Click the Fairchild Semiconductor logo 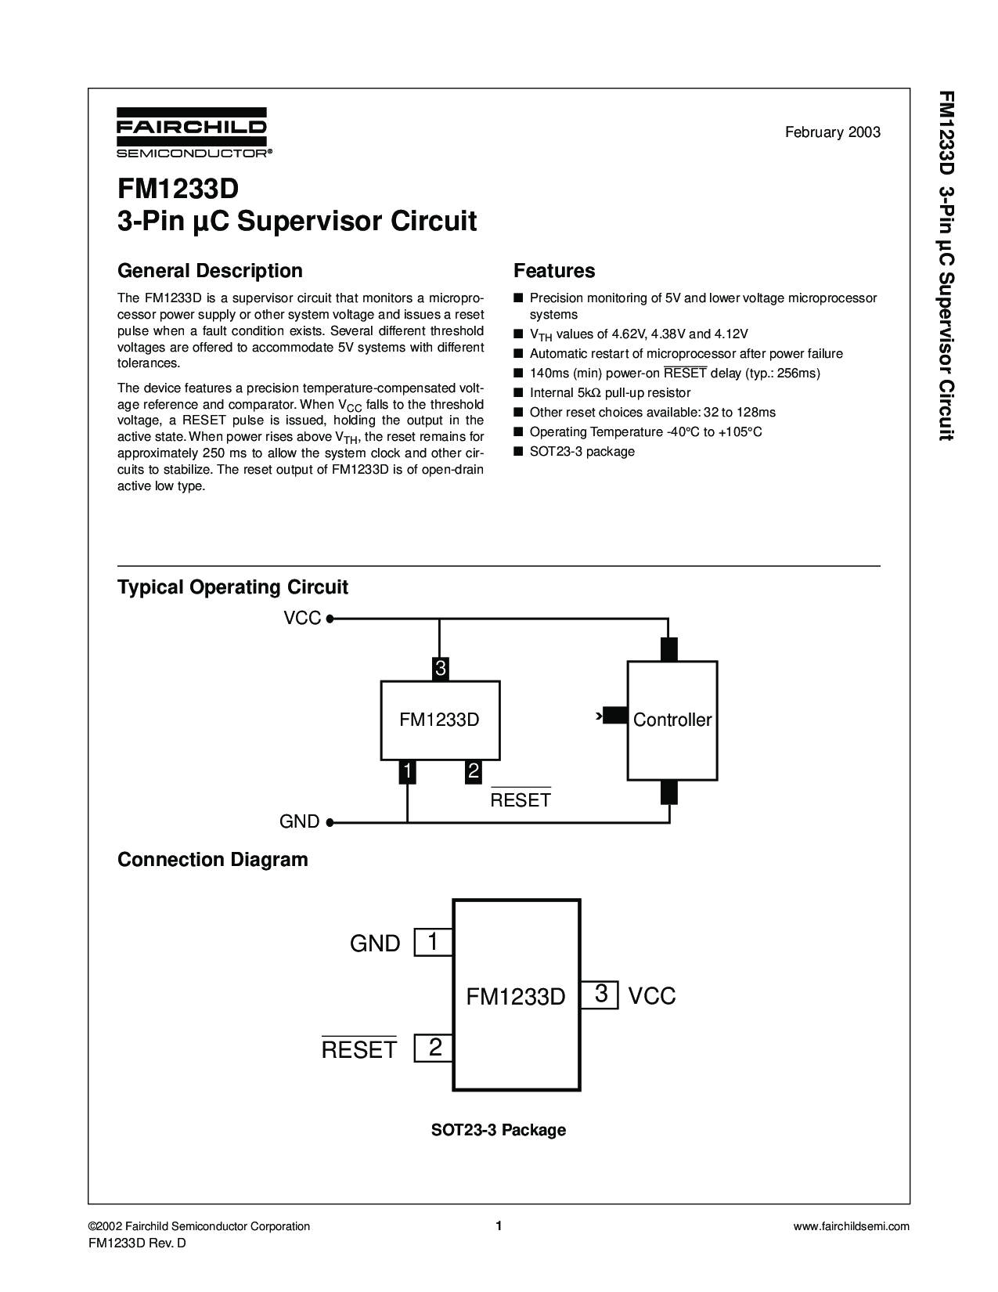[x=194, y=132]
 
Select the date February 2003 [x=832, y=132]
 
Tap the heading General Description [x=210, y=271]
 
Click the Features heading [x=554, y=271]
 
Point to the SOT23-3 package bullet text [x=582, y=451]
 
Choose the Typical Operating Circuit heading [x=232, y=587]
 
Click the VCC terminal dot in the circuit [x=330, y=619]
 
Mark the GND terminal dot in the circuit [x=330, y=822]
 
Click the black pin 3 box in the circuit [x=440, y=669]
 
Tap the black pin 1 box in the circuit [x=407, y=772]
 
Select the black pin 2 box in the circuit [x=473, y=772]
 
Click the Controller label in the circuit [x=672, y=720]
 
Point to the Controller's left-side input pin [x=615, y=715]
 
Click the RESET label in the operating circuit [x=520, y=799]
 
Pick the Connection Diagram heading [x=213, y=860]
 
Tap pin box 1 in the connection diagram [x=434, y=942]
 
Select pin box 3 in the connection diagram [x=600, y=994]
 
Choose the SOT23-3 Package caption [x=498, y=1130]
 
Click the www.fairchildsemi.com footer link [x=851, y=1226]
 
